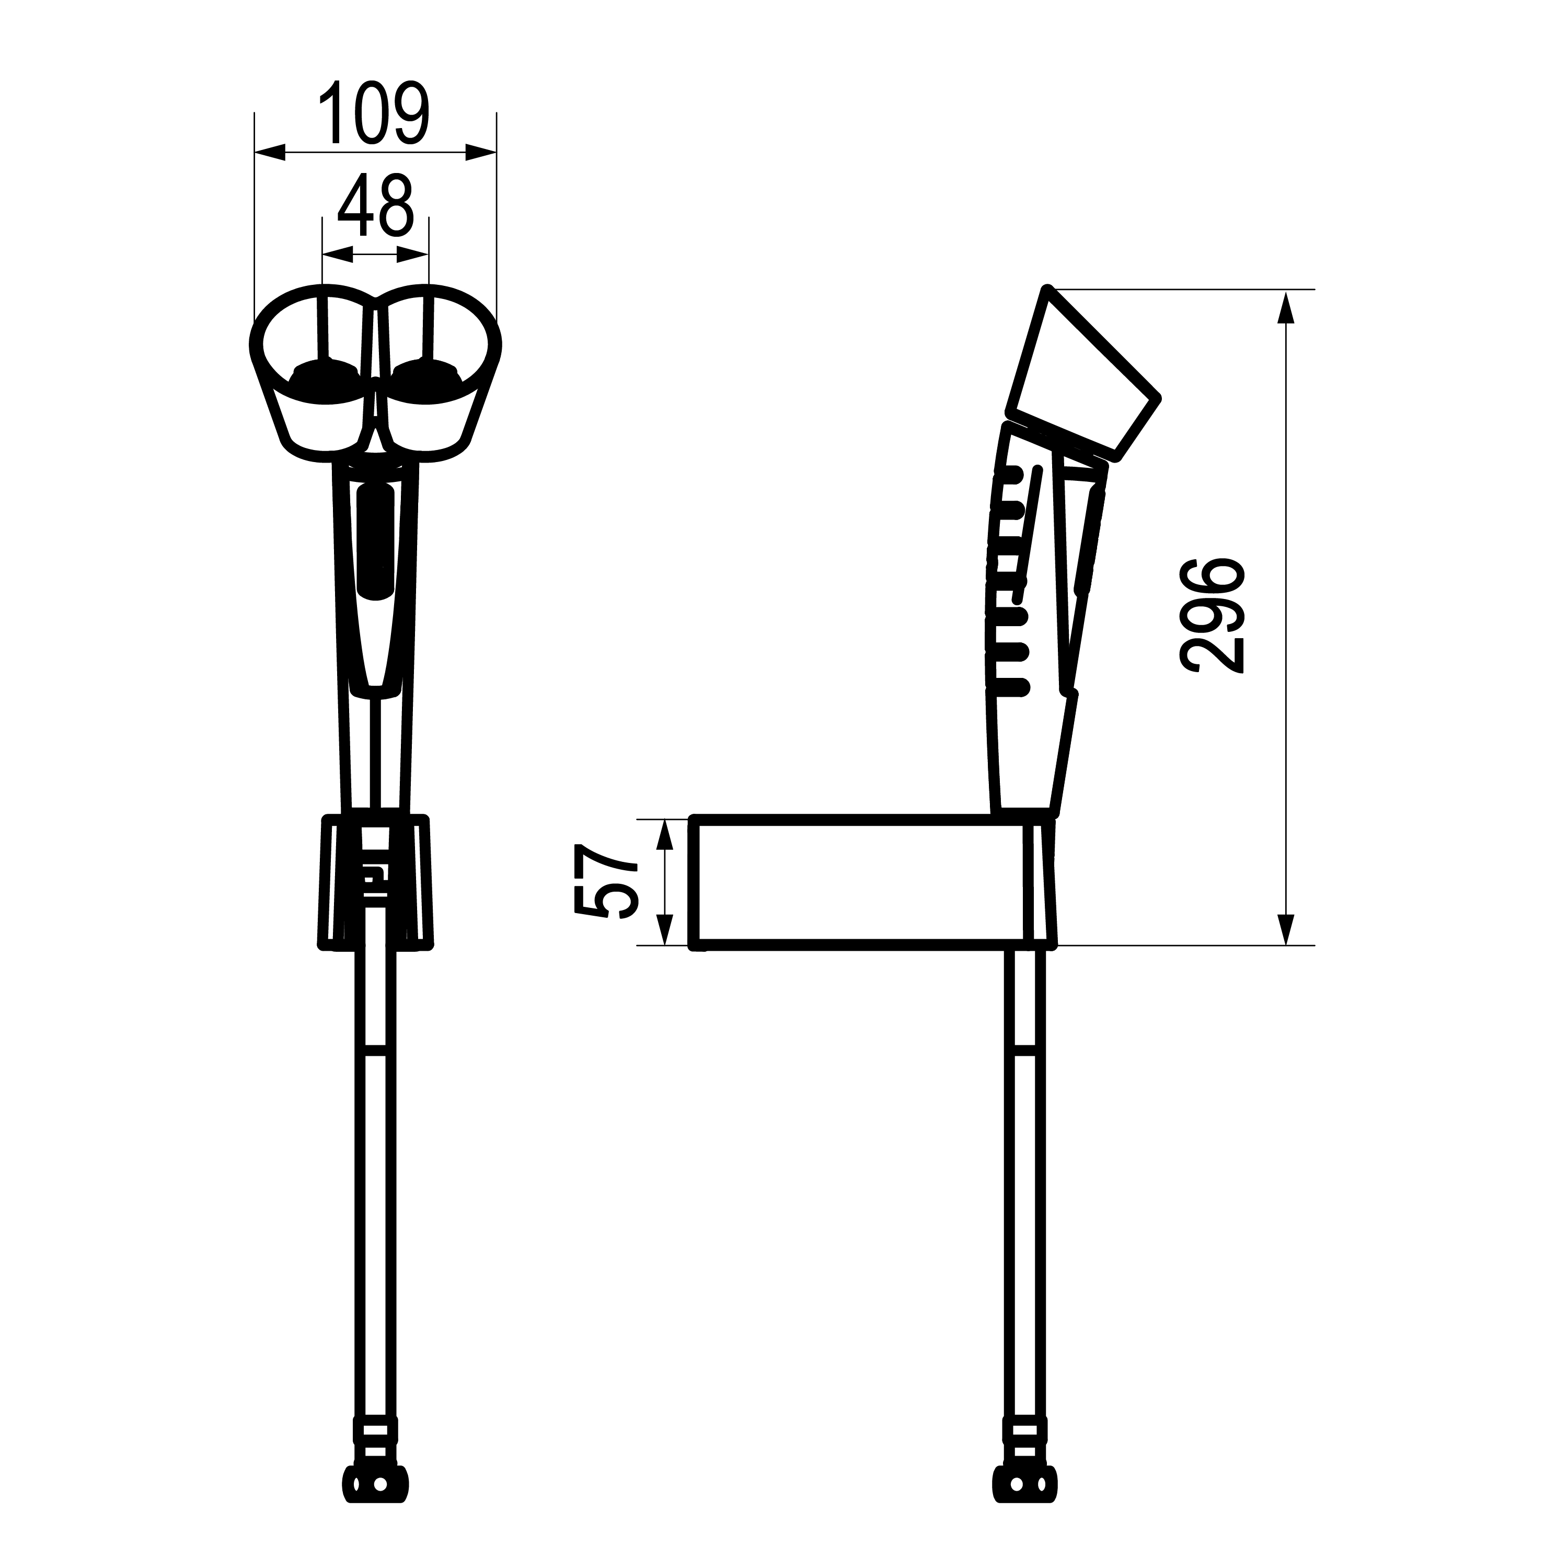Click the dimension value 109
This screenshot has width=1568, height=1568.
pyautogui.click(x=374, y=113)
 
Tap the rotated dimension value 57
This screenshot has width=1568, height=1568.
pyautogui.click(x=607, y=882)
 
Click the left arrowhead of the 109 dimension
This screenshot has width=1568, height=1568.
pyautogui.click(x=270, y=152)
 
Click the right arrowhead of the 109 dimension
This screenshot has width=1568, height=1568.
pyautogui.click(x=480, y=152)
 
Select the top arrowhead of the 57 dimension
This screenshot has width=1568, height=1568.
pyautogui.click(x=665, y=835)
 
